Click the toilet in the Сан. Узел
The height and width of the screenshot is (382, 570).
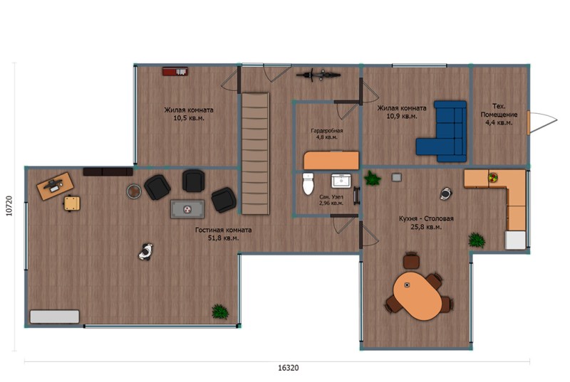308,184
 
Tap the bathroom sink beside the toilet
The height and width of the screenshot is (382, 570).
341,181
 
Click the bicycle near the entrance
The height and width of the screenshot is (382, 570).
318,75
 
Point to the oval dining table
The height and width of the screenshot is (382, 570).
418,296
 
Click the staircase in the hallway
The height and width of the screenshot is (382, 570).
256,154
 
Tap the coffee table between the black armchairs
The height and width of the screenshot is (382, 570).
187,209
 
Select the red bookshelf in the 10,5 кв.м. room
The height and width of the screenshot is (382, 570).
175,71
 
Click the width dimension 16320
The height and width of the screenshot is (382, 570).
289,368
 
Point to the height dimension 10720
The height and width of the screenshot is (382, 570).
9,206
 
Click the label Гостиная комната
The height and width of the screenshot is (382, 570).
223,230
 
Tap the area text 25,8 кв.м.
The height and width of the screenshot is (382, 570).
426,227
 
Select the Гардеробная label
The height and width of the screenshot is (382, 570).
326,131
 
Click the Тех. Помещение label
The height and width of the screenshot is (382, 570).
499,110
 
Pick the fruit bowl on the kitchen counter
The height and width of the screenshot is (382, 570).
493,177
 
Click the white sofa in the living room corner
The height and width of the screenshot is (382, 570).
55,317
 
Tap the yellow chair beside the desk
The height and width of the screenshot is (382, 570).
72,203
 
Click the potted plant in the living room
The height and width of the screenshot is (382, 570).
220,312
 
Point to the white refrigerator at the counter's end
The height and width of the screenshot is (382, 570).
515,240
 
